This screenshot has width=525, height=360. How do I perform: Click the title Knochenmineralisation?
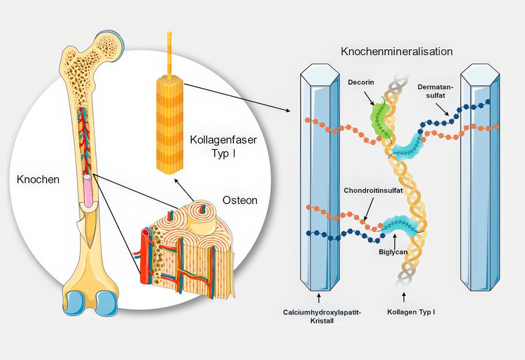tap(397, 52)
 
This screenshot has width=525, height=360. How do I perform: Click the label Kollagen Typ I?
tap(411, 312)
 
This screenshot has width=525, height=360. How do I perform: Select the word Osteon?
tap(240, 199)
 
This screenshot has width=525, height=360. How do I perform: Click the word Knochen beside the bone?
tap(38, 179)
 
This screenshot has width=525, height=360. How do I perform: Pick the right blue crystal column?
tap(480, 179)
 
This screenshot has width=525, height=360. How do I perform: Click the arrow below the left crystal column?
tap(319, 297)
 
